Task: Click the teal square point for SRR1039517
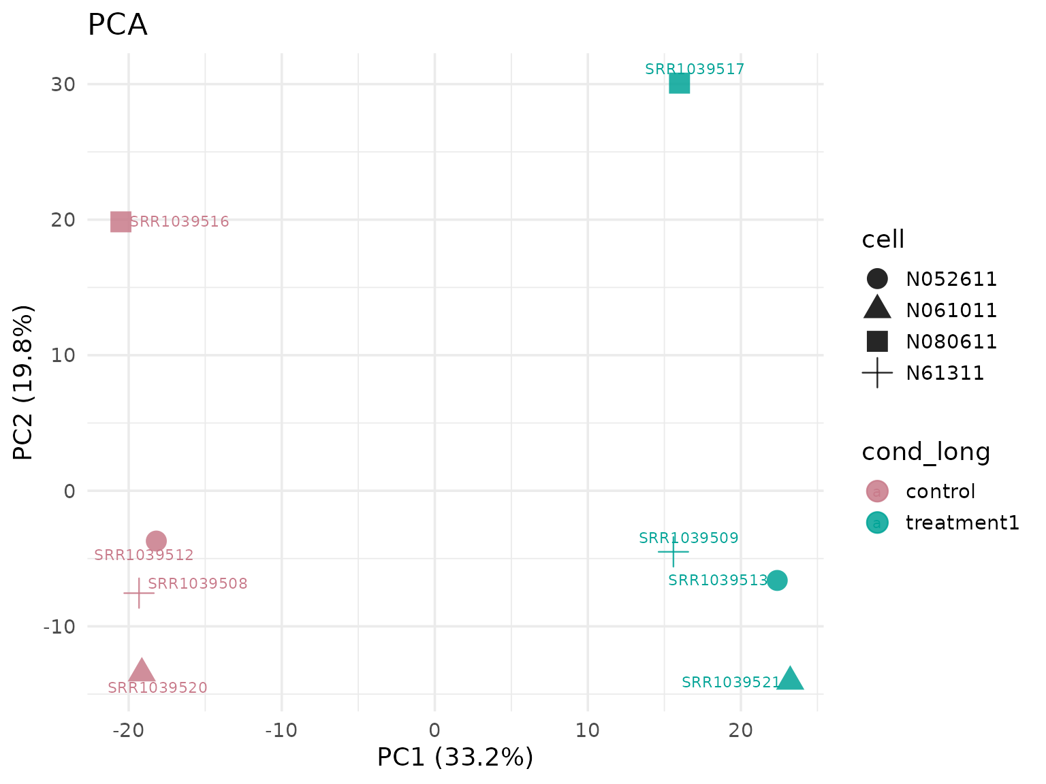(x=679, y=84)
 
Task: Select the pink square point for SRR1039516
(x=121, y=222)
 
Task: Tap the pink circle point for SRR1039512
(x=156, y=541)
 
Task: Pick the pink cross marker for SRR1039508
(x=139, y=593)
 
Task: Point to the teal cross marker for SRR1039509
(x=673, y=551)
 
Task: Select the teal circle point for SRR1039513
(x=776, y=581)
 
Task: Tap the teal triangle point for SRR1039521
(x=790, y=679)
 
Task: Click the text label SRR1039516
(x=179, y=222)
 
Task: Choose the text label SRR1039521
(x=731, y=682)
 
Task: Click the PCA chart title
(x=117, y=25)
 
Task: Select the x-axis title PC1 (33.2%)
(x=455, y=757)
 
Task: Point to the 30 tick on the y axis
(x=63, y=84)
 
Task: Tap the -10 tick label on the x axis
(x=281, y=730)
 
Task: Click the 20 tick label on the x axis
(x=740, y=730)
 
